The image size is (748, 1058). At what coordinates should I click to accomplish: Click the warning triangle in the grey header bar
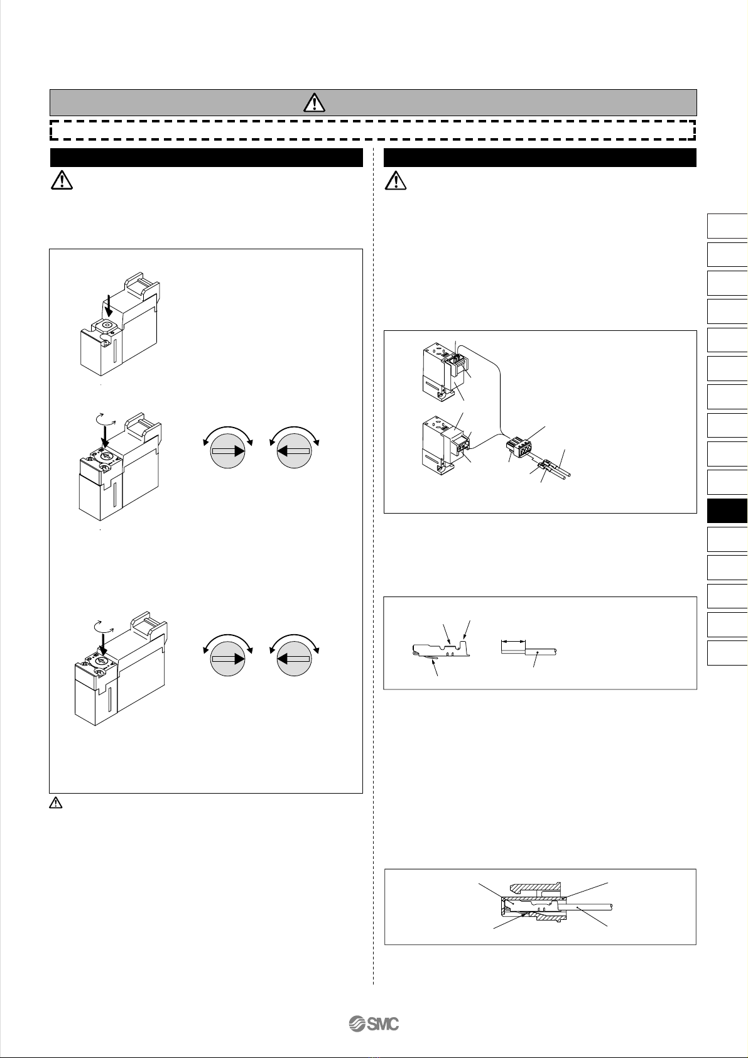(314, 102)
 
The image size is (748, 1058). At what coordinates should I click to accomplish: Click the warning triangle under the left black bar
(62, 180)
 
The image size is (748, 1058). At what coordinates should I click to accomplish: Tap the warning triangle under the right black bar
(396, 180)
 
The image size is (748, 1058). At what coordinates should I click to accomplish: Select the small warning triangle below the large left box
(56, 802)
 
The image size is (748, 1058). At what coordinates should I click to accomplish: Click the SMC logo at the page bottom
(374, 1024)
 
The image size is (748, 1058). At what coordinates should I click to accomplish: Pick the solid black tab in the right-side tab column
(727, 510)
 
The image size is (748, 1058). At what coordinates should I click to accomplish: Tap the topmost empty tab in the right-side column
(727, 226)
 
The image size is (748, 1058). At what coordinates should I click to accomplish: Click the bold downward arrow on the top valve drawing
(109, 306)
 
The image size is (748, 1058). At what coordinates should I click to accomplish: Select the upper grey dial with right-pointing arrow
(228, 451)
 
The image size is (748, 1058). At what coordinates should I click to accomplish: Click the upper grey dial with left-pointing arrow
(294, 451)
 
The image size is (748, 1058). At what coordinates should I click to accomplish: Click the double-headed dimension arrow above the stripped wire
(513, 642)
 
